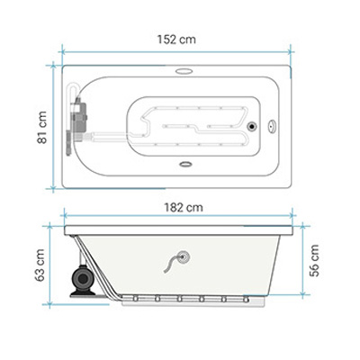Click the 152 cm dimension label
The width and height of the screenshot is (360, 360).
176,40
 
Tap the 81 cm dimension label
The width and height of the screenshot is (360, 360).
42,127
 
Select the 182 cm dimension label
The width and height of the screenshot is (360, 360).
184,207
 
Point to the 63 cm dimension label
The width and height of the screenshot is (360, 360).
40,265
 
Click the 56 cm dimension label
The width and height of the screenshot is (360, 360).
314,260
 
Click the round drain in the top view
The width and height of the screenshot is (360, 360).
252,126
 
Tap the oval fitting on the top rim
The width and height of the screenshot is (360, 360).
184,71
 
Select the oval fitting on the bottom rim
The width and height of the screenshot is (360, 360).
185,164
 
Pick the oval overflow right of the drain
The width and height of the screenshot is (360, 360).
272,126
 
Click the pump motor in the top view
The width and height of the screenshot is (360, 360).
78,118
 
